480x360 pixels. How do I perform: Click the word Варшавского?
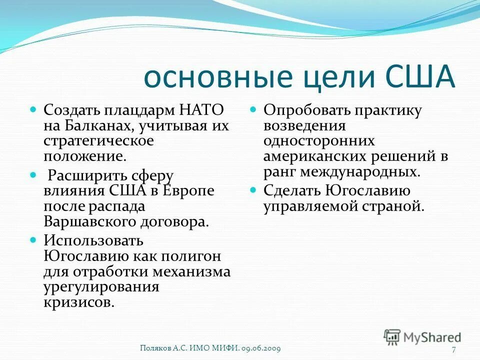coord(86,221)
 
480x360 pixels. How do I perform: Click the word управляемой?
coord(311,206)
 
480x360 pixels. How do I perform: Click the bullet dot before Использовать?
coord(33,240)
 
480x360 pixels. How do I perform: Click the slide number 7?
coord(454,349)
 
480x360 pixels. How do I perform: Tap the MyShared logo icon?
coord(392,337)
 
